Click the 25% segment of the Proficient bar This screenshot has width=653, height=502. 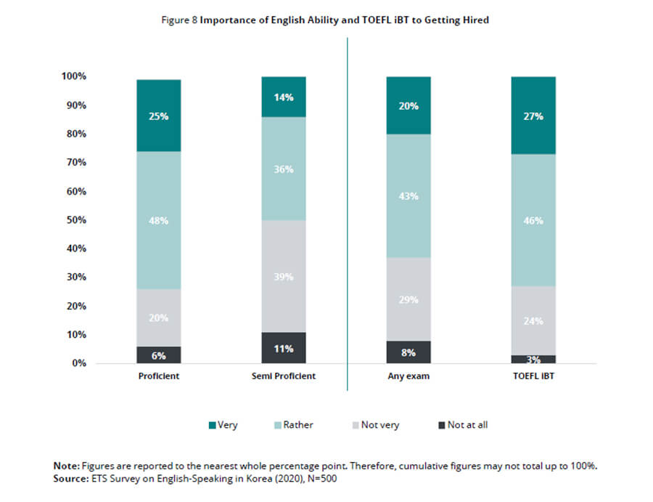159,116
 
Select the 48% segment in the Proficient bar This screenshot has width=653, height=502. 159,220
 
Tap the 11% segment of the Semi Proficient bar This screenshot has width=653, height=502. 284,348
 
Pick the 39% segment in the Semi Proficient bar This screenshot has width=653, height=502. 284,276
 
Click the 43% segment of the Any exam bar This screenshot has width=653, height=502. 408,196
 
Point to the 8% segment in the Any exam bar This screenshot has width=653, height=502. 408,352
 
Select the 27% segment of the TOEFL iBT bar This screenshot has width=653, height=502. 533,116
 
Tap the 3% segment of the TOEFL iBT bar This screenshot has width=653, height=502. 533,359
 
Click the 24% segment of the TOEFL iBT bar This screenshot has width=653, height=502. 533,320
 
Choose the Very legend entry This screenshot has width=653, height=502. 223,425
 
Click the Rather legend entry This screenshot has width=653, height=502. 292,425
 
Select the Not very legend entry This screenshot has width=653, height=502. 373,425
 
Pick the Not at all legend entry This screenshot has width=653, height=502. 461,425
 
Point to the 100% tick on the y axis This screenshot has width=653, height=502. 73,76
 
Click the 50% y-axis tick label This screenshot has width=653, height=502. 75,220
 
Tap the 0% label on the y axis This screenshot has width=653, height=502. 78,363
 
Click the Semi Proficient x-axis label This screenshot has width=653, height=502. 284,376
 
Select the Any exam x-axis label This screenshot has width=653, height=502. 408,376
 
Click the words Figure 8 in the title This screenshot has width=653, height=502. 178,20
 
